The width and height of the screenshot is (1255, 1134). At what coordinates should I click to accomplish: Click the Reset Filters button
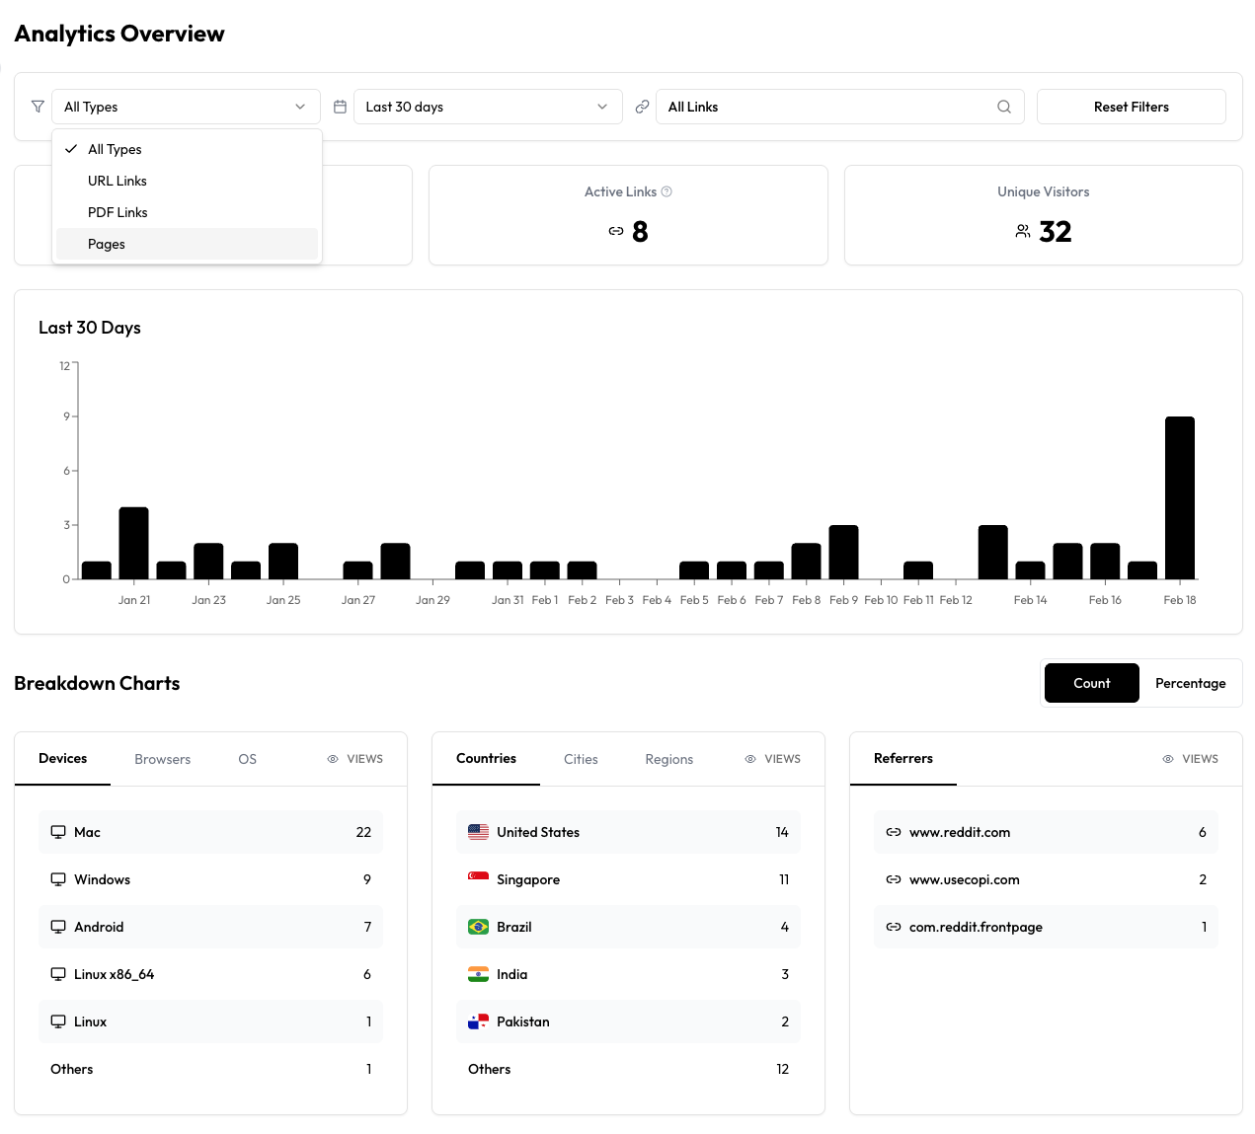(1131, 107)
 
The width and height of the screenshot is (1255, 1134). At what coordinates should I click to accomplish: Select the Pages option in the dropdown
(107, 244)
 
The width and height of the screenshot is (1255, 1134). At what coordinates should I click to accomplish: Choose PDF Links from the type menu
(118, 212)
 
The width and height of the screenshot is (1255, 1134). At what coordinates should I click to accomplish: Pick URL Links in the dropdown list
(118, 181)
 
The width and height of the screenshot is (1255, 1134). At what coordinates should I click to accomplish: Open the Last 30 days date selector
(488, 107)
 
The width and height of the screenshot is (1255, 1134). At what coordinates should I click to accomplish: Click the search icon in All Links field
(1004, 107)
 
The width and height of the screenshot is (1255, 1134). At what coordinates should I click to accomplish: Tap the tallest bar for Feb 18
(1179, 497)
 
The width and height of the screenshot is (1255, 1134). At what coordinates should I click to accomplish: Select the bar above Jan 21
(133, 543)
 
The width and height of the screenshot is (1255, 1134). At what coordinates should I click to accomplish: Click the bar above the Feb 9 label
(843, 552)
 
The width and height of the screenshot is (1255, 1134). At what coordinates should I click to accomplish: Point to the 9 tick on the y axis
(67, 416)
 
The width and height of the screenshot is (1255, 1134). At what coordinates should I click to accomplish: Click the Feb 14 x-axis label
(1030, 600)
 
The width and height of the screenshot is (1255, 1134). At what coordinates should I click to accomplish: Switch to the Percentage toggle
(1190, 683)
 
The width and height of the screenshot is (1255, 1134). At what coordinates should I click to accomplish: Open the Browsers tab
(163, 759)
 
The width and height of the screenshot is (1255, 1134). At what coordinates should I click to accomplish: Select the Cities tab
(581, 759)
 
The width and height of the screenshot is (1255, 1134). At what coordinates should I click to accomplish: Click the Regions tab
(668, 759)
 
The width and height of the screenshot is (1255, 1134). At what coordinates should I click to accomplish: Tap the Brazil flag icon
(478, 927)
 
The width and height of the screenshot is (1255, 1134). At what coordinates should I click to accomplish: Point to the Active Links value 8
(640, 232)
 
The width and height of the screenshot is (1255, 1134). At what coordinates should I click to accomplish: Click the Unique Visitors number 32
(1055, 232)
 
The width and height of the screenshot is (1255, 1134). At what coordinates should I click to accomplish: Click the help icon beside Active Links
(667, 191)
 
